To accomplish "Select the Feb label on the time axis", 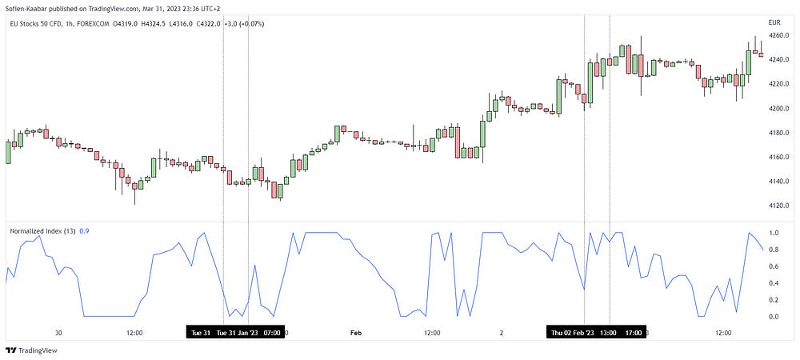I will click(357, 332).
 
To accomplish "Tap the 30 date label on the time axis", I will click(58, 332).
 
